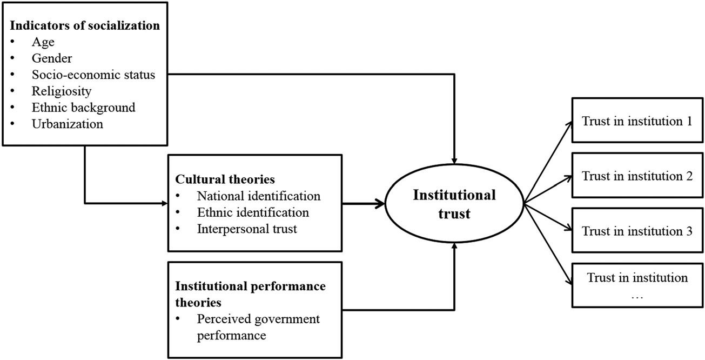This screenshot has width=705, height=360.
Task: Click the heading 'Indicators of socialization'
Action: pos(85,25)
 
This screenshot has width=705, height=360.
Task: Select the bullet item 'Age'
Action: pos(43,42)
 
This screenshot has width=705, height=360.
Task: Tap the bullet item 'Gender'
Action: pos(52,58)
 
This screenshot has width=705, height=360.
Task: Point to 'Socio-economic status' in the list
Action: pos(93,75)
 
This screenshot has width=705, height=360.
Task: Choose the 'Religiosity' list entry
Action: pos(62,91)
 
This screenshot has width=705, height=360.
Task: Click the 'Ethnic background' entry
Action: pos(84,108)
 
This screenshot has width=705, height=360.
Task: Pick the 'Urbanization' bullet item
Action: pos(68,124)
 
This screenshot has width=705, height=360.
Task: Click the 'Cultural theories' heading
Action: pos(225,179)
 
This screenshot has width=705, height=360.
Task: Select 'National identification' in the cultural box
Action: pos(259,196)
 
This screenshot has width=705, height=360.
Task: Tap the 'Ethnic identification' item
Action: pos(253,212)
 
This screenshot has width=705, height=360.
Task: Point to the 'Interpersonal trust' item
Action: pos(247,229)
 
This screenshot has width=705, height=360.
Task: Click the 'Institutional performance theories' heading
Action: pos(251,294)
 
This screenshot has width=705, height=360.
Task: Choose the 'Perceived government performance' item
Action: pos(258,327)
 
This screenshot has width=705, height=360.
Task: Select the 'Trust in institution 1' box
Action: pos(637,120)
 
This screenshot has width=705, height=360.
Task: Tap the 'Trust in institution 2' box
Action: pos(637,175)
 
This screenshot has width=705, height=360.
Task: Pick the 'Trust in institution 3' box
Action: pos(637,230)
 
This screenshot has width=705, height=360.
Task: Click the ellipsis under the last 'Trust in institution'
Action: pos(637,297)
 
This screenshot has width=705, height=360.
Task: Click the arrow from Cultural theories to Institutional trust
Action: pos(364,203)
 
